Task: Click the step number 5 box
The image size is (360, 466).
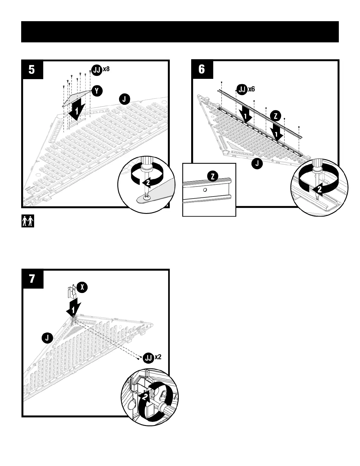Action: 32,70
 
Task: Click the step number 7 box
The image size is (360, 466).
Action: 32,279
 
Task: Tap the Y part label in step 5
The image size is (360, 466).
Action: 97,91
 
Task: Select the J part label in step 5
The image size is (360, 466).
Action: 124,99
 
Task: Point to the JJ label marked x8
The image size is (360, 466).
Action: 97,70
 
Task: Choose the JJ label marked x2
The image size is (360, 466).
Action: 149,358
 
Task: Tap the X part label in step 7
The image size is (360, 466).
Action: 82,287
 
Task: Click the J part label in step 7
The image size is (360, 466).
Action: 47,338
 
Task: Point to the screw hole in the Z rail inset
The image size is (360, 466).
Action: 205,190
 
